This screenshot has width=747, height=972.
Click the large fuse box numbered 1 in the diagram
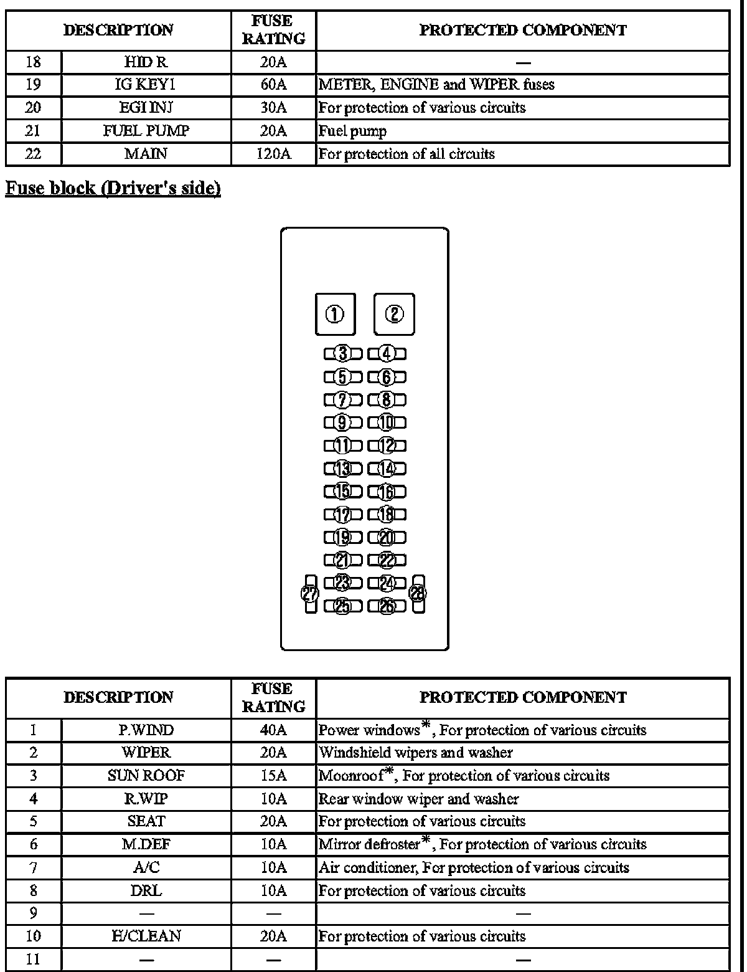335,314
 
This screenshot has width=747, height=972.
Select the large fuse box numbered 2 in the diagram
394,314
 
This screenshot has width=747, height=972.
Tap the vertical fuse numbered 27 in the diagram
310,594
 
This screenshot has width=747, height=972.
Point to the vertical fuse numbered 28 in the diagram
418,594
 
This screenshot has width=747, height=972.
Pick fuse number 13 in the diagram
342,469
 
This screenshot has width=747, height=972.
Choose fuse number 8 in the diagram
387,400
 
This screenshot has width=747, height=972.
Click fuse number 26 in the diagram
387,606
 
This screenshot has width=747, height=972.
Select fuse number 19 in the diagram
342,537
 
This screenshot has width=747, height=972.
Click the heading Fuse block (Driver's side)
113,188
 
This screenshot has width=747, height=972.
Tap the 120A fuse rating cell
273,154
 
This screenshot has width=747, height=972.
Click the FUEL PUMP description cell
146,131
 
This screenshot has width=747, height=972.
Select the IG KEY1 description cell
146,84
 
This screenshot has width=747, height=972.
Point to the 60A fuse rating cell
273,84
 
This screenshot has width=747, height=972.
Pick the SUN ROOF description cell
146,776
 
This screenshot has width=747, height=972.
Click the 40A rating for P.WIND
273,730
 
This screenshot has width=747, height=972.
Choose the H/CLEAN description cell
146,936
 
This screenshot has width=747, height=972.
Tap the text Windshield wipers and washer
416,753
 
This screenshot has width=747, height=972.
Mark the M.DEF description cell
146,844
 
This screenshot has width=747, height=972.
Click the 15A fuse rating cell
273,776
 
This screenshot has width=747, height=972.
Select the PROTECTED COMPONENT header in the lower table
523,697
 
